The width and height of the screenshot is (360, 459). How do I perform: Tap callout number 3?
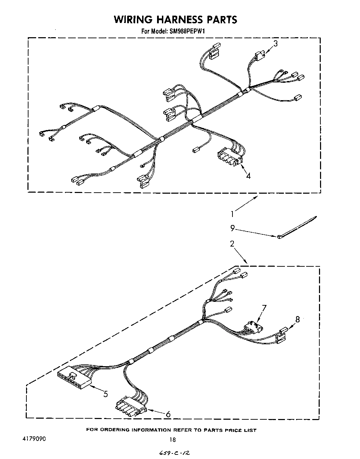coord(275,44)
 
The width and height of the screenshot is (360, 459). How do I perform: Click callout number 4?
coord(248,176)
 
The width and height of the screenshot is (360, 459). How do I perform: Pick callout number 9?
coord(232,228)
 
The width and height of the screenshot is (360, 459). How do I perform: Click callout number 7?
coord(264,308)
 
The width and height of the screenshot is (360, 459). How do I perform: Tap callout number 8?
coord(297,319)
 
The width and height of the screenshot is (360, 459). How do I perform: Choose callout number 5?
coord(105,394)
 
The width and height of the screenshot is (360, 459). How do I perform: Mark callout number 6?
coord(168,414)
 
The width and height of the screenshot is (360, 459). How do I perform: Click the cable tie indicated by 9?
coord(297,227)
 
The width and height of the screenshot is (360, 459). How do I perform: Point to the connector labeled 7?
coord(252,327)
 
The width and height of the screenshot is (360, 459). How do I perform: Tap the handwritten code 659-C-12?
coord(175,452)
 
